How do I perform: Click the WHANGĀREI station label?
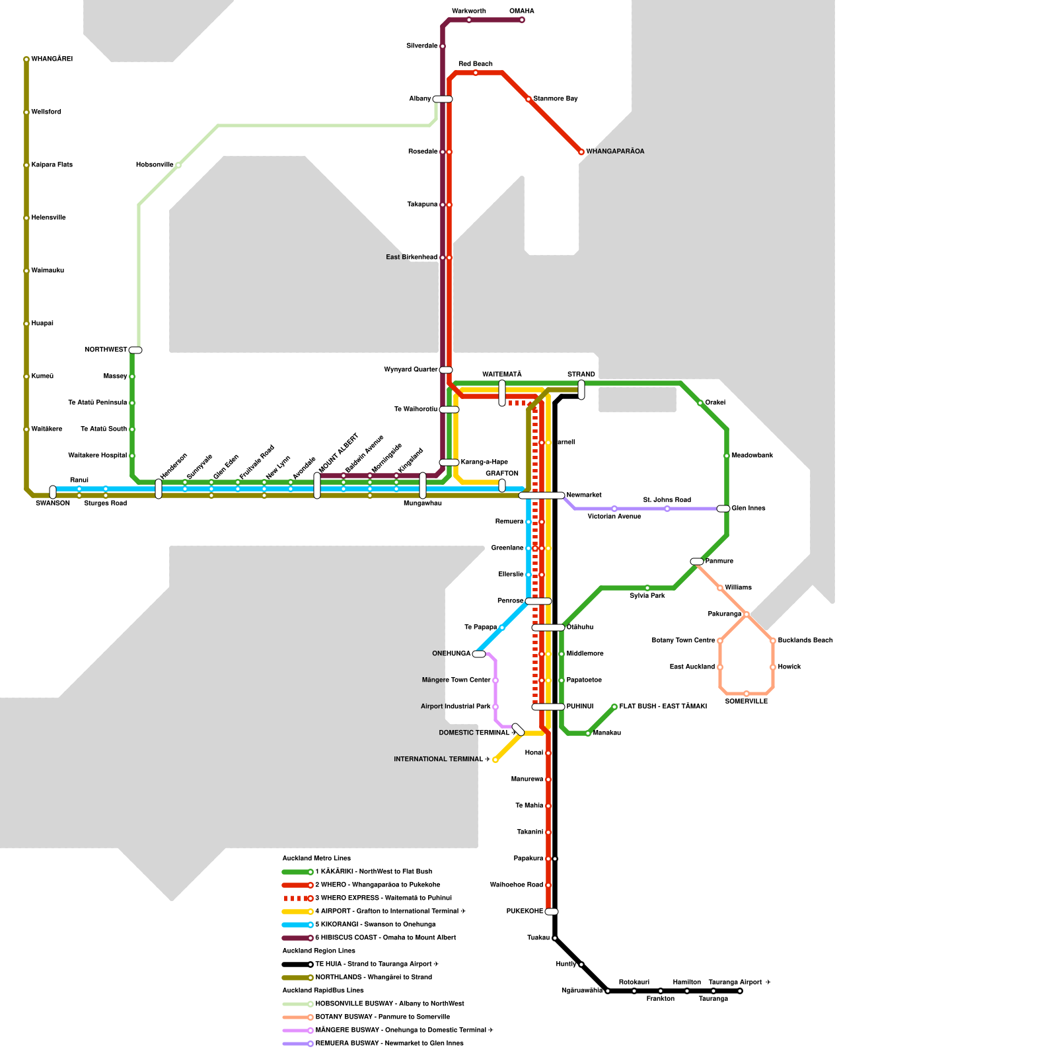click(x=52, y=59)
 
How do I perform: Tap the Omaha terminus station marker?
click(x=522, y=20)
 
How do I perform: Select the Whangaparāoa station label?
click(x=615, y=152)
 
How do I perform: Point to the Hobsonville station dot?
click(x=178, y=165)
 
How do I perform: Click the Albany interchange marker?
click(x=443, y=99)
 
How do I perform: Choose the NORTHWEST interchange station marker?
click(x=135, y=350)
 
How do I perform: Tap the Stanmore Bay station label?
click(x=556, y=99)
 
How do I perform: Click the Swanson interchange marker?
click(x=53, y=492)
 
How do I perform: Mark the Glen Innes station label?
click(x=748, y=509)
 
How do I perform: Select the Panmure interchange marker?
click(x=697, y=562)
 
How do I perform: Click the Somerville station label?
click(x=746, y=702)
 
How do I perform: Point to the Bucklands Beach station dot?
click(x=773, y=641)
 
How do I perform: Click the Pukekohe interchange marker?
click(x=552, y=912)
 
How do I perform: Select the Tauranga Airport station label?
click(x=739, y=982)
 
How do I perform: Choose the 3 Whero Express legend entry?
click(x=383, y=898)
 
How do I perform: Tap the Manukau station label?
click(x=606, y=733)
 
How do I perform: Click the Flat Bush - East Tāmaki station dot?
click(x=614, y=707)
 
